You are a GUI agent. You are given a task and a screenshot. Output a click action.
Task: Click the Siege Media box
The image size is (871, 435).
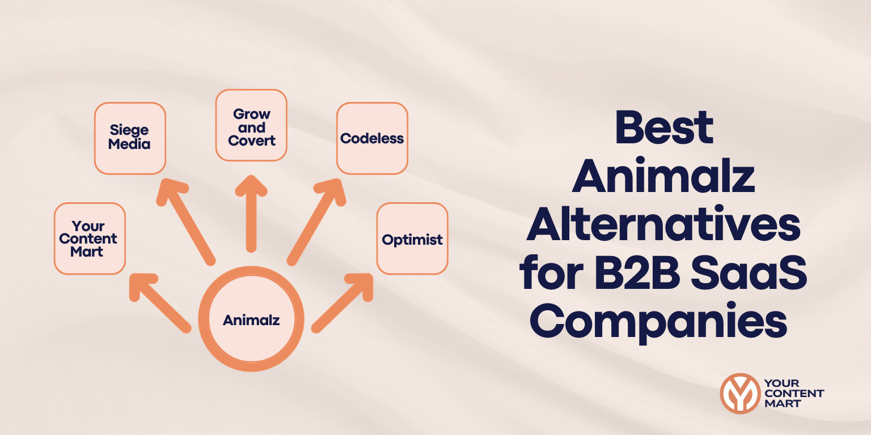pos(130,138)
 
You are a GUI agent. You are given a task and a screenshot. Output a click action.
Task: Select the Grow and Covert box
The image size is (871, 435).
pos(251,125)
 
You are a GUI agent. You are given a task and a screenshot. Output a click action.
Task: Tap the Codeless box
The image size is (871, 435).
pos(372,138)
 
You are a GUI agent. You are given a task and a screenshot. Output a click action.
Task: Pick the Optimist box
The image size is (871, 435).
pos(412,239)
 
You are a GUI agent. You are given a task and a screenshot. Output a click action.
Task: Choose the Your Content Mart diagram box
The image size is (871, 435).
pos(90,238)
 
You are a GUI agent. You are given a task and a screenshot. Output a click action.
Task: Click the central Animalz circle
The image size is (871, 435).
pos(251,320)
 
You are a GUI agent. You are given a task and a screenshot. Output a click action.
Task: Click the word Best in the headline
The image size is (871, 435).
pos(663,128)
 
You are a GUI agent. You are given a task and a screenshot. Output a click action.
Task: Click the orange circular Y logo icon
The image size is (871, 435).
pos(739,393)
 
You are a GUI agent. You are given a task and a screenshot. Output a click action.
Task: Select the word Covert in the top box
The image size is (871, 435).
pos(252,140)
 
